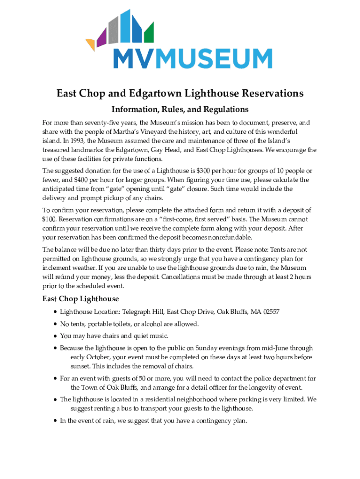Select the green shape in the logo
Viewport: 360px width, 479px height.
pos(149,33)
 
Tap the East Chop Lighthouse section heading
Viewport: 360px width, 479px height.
pos(80,299)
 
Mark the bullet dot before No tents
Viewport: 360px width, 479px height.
pos(56,324)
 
